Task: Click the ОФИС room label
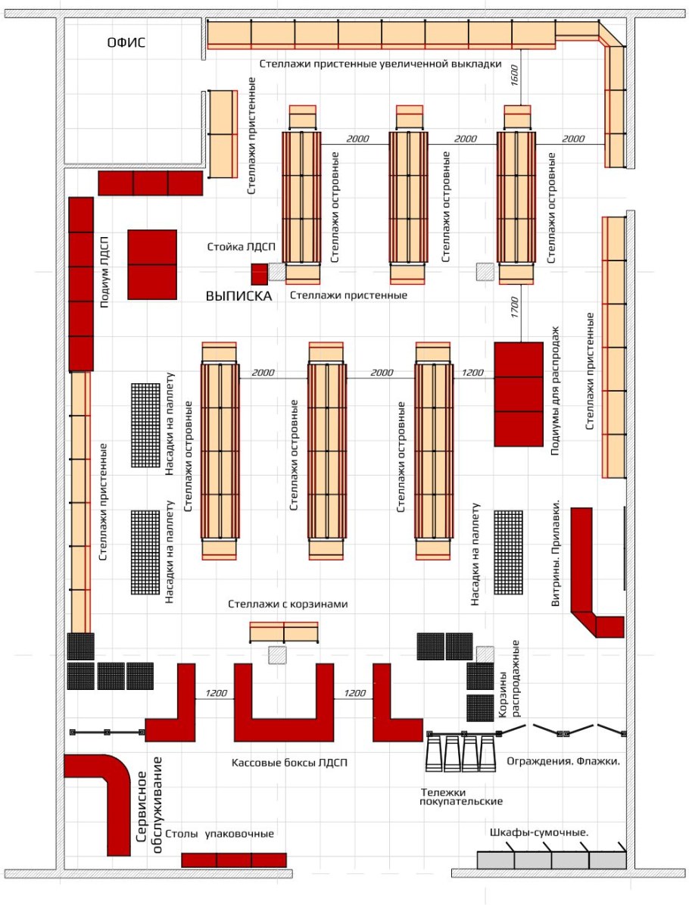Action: coord(126,42)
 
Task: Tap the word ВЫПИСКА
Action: coord(239,296)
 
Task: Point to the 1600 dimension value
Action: coord(514,76)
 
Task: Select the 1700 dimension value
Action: coord(514,307)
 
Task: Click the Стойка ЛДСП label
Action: coord(242,247)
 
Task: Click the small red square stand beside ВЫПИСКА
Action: coord(260,273)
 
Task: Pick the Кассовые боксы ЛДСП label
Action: coord(290,763)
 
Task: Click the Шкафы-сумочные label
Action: coord(539,832)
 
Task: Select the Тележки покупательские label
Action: coord(461,797)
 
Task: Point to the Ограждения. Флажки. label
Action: coord(563,761)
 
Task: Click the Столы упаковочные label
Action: coord(220,833)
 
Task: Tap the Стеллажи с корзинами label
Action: coord(288,604)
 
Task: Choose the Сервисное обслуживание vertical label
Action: coord(149,805)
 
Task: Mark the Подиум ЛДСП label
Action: coord(104,271)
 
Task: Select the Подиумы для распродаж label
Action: coord(555,392)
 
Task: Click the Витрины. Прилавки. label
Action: coord(556,552)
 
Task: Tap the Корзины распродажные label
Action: coord(509,679)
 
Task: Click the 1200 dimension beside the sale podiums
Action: coord(472,373)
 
